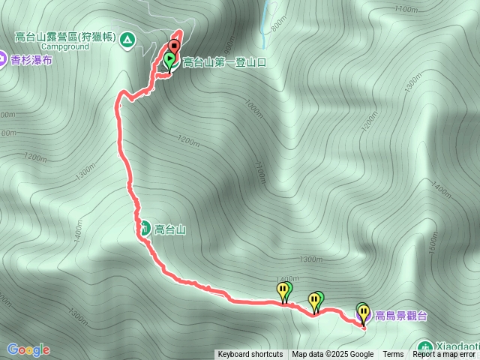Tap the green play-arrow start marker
pyautogui.click(x=169, y=59)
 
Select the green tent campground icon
pyautogui.click(x=127, y=38)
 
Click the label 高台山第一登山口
pyautogui.click(x=223, y=62)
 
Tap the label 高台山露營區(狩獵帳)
pyautogui.click(x=66, y=36)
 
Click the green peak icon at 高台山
pyautogui.click(x=142, y=228)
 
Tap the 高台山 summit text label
pyautogui.click(x=169, y=229)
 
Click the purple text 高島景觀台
pyautogui.click(x=401, y=316)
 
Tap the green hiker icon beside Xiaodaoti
pyautogui.click(x=425, y=348)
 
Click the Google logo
pyautogui.click(x=28, y=349)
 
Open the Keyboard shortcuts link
pyautogui.click(x=250, y=355)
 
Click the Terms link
pyautogui.click(x=393, y=355)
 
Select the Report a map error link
pyautogui.click(x=445, y=355)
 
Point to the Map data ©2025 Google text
pyautogui.click(x=332, y=355)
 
